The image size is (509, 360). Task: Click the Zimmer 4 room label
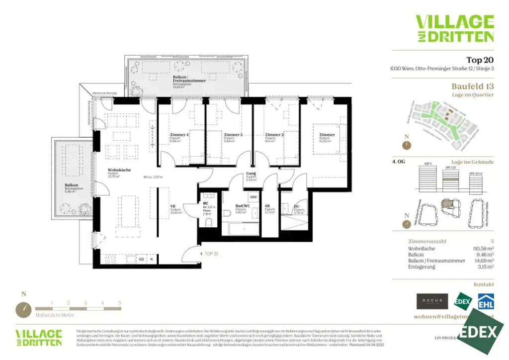(179, 135)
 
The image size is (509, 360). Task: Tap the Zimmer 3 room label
(233, 135)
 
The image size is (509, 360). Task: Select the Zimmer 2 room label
(274, 135)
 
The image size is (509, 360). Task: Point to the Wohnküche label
(119, 170)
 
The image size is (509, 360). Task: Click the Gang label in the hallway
(251, 174)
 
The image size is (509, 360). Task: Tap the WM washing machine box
(253, 197)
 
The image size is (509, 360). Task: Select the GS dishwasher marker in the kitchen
(141, 259)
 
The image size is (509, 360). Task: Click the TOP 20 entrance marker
(211, 254)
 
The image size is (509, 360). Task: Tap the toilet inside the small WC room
(208, 221)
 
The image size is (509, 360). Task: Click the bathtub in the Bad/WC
(241, 229)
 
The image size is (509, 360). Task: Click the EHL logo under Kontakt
(485, 301)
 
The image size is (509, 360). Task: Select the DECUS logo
(432, 301)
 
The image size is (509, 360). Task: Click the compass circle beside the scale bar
(23, 310)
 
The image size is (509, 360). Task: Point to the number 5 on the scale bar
(120, 302)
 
